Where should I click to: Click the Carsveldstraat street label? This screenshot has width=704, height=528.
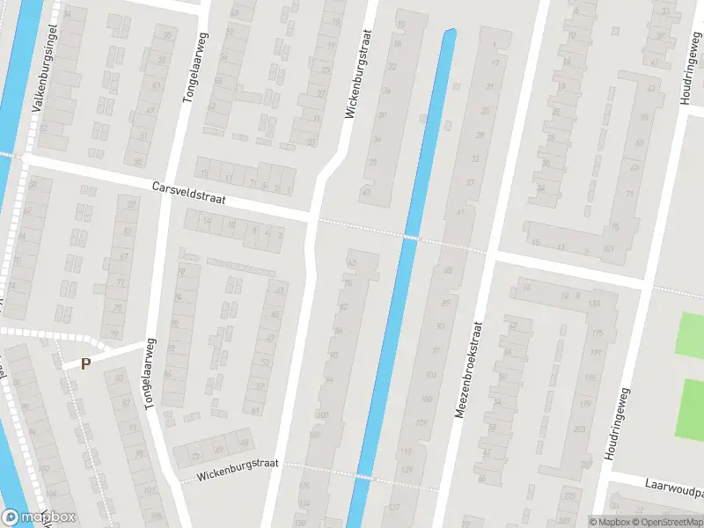[x=188, y=194]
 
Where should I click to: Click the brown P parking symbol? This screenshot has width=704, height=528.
[x=86, y=363]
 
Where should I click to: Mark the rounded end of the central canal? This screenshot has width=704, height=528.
[x=448, y=36]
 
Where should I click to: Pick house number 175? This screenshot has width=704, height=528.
[x=597, y=334]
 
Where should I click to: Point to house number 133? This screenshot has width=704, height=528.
[x=595, y=303]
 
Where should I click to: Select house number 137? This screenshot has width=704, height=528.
[x=393, y=508]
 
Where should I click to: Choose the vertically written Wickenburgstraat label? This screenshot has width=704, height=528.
[x=358, y=75]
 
